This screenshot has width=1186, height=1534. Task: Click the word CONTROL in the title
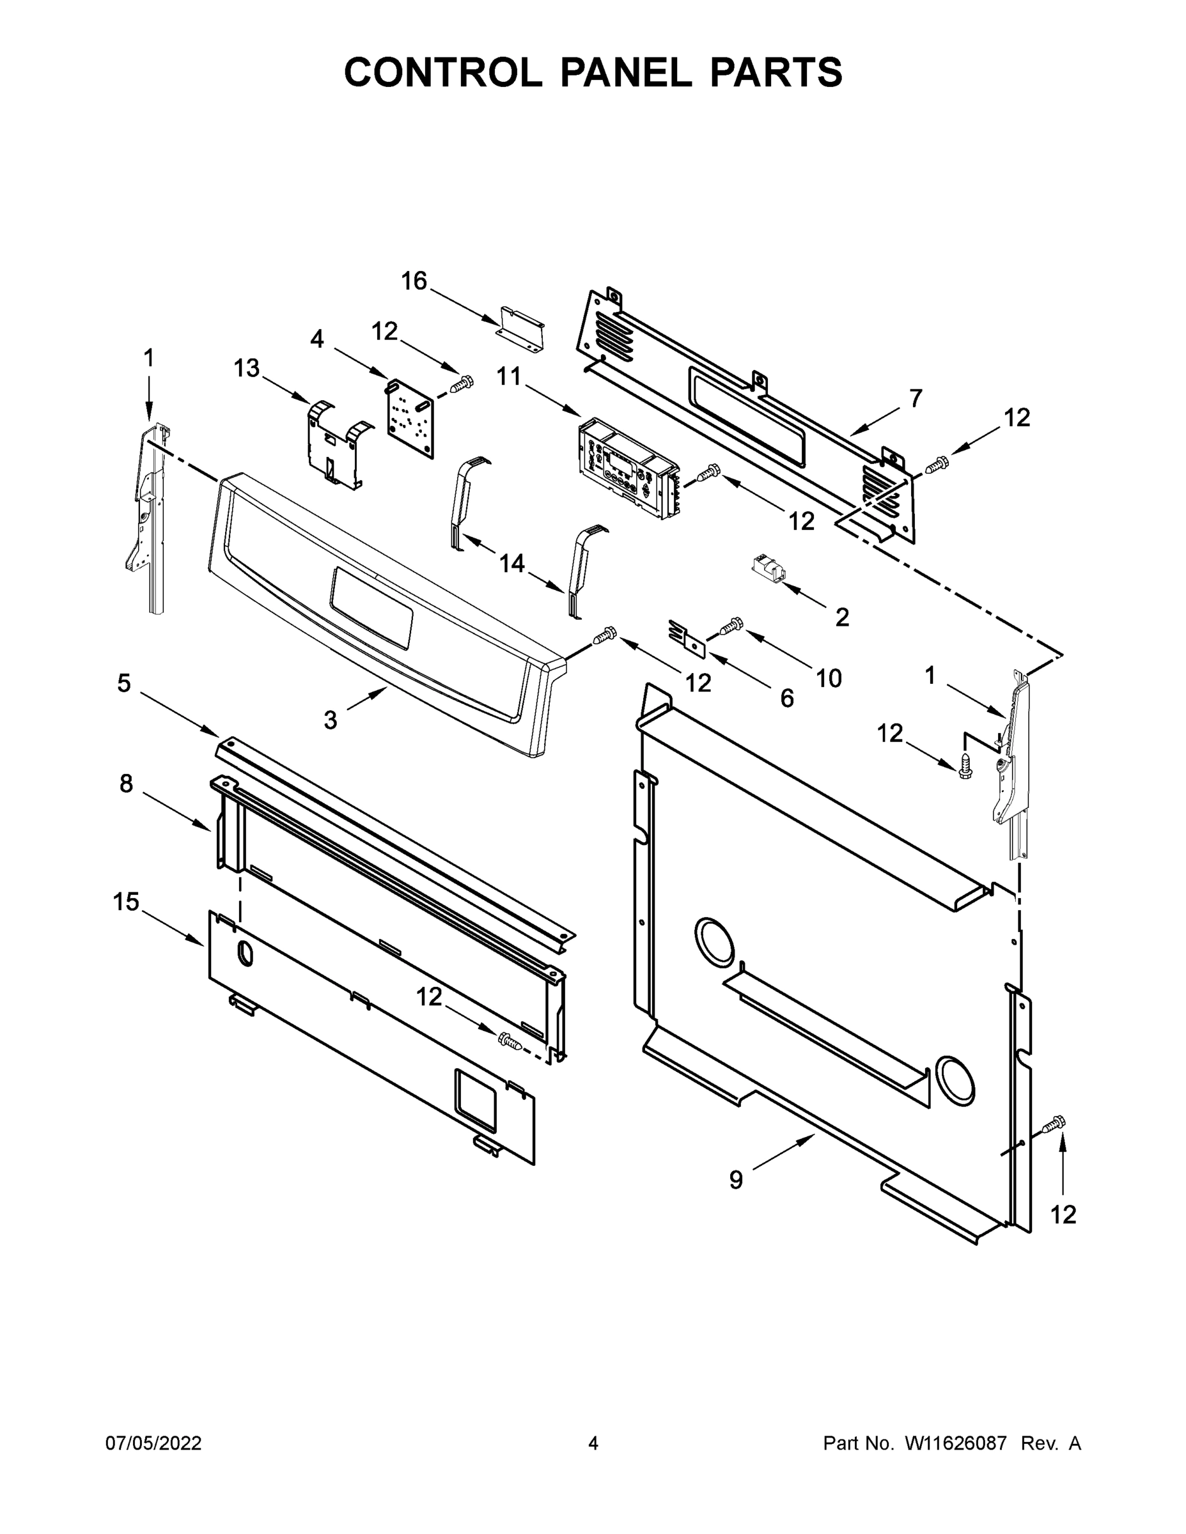[x=442, y=72]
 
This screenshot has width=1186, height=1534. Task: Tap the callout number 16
[x=414, y=281]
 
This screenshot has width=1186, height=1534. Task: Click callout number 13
[x=247, y=368]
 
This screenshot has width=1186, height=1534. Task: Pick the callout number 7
[x=915, y=398]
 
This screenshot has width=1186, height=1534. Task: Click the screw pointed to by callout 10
[x=731, y=624]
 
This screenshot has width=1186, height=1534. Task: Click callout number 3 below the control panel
[x=330, y=720]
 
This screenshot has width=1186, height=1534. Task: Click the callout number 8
[x=126, y=783]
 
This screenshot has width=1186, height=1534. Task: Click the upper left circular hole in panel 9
[x=715, y=941]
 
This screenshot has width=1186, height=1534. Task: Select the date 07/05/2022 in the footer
[x=153, y=1443]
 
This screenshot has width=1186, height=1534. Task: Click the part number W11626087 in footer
[x=956, y=1443]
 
